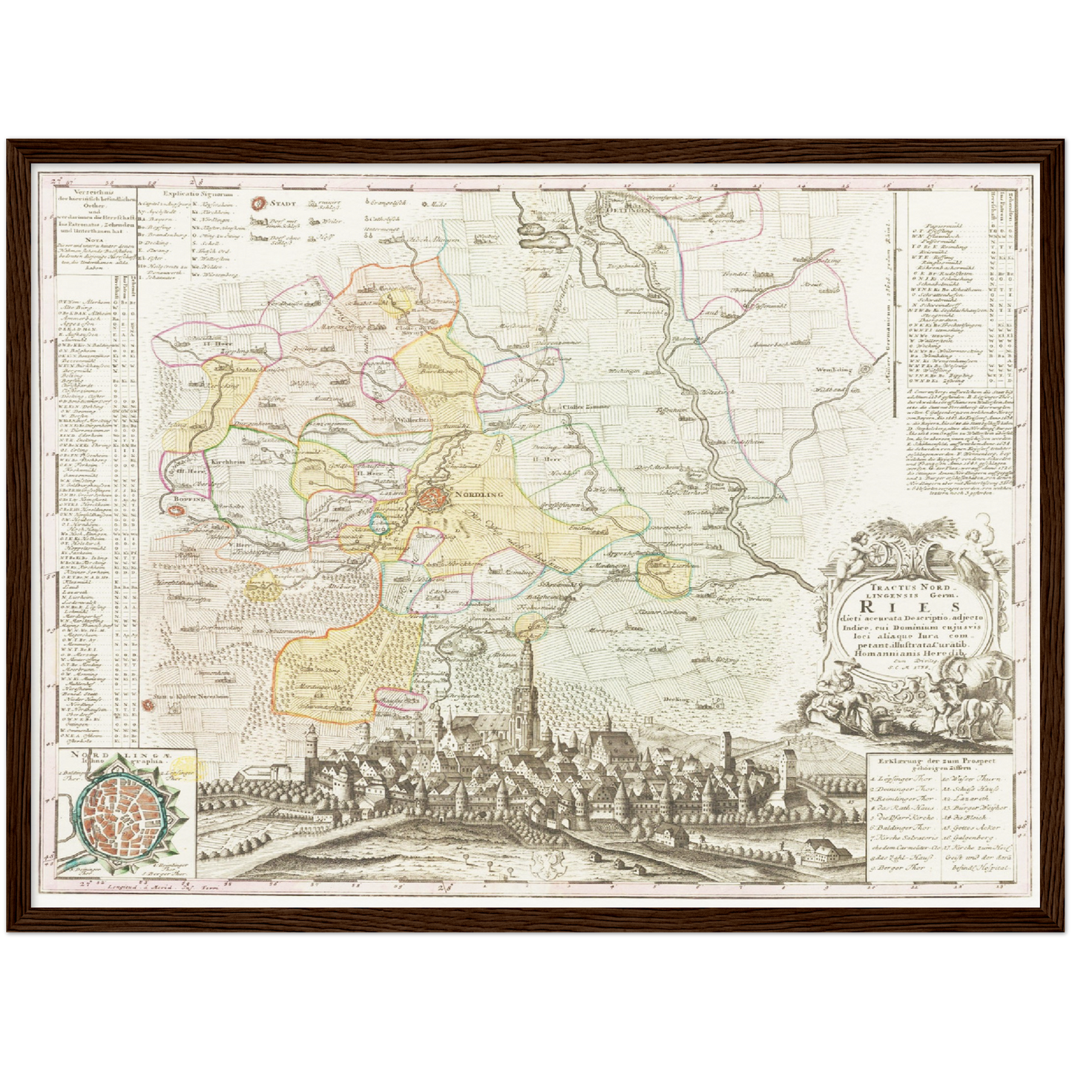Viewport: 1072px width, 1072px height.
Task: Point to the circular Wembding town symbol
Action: pyautogui.click(x=866, y=369)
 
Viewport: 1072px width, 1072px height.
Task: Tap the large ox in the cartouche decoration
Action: pyautogui.click(x=972, y=683)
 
